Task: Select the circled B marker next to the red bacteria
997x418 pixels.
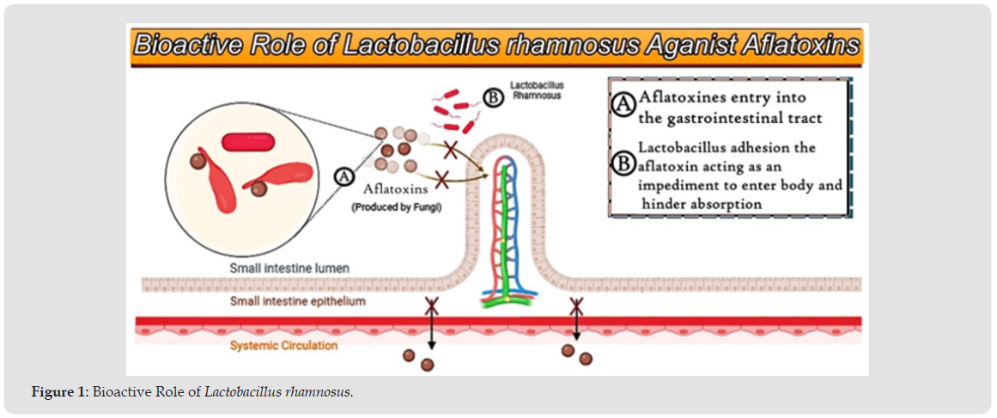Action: (493, 97)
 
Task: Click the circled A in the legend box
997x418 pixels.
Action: (623, 103)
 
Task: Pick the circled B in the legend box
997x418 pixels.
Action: (623, 163)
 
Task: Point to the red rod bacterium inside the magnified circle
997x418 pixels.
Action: (246, 141)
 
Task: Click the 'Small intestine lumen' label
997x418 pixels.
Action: (289, 268)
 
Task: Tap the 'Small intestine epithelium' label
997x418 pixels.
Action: (297, 302)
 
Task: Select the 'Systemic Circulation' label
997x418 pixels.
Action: (283, 346)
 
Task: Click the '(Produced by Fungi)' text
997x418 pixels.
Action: (396, 207)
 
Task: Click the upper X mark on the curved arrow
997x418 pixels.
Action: (448, 150)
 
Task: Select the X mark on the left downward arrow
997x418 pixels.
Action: (432, 305)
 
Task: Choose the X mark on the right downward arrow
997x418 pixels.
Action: (576, 304)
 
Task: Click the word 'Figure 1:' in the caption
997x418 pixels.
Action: (60, 392)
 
